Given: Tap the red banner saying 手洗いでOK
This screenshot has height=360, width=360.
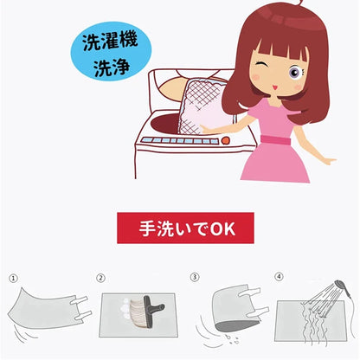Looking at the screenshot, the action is [x=185, y=228].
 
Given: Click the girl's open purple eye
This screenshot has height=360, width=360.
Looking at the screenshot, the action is [x=294, y=73].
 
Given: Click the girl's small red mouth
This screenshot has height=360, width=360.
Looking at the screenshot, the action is [x=274, y=87].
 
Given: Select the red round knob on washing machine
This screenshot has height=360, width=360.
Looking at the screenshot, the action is [x=225, y=140].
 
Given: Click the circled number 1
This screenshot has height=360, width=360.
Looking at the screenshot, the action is [x=13, y=279].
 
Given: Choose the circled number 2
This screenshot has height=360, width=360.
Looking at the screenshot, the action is [x=100, y=278].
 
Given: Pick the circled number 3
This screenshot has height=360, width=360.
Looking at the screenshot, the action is [x=195, y=277].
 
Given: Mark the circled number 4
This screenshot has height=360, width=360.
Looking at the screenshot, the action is [x=279, y=276].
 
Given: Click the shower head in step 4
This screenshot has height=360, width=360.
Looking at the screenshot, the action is [x=343, y=286].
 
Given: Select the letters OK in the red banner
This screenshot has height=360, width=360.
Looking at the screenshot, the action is [x=222, y=228].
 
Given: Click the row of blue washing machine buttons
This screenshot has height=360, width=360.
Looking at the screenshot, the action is [x=179, y=141].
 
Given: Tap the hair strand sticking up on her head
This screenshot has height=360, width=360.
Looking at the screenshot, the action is [x=299, y=3].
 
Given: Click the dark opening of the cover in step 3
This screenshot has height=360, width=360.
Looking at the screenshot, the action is [x=236, y=325].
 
